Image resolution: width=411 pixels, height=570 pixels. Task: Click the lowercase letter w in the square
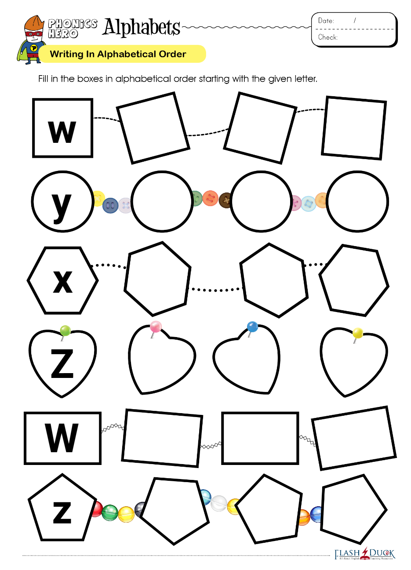[x=62, y=131]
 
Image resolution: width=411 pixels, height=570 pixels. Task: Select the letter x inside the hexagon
[x=62, y=281]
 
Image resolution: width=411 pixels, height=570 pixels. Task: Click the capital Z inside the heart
[x=62, y=363]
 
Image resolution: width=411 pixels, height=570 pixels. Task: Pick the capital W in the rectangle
[x=62, y=438]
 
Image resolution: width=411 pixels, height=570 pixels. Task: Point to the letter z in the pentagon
[x=62, y=512]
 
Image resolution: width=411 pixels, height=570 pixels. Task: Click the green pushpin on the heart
[x=65, y=330]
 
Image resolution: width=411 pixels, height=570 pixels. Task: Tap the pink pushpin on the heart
[x=156, y=327]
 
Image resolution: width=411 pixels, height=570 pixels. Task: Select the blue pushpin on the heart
[x=252, y=327]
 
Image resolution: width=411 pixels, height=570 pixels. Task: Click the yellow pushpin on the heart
[x=358, y=333]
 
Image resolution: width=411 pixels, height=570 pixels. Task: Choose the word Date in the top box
[x=326, y=21]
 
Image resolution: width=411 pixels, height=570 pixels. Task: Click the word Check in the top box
[x=328, y=37]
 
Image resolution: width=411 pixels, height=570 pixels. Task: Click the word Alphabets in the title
[x=142, y=27]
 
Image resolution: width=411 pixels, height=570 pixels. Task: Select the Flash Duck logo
[x=364, y=554]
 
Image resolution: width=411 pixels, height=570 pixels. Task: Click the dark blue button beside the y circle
[x=110, y=205]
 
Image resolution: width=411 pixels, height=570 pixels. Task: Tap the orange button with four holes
[x=211, y=198]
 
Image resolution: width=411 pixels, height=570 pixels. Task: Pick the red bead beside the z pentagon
[x=96, y=509]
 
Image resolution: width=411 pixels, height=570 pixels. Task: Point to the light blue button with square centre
[x=308, y=203]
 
